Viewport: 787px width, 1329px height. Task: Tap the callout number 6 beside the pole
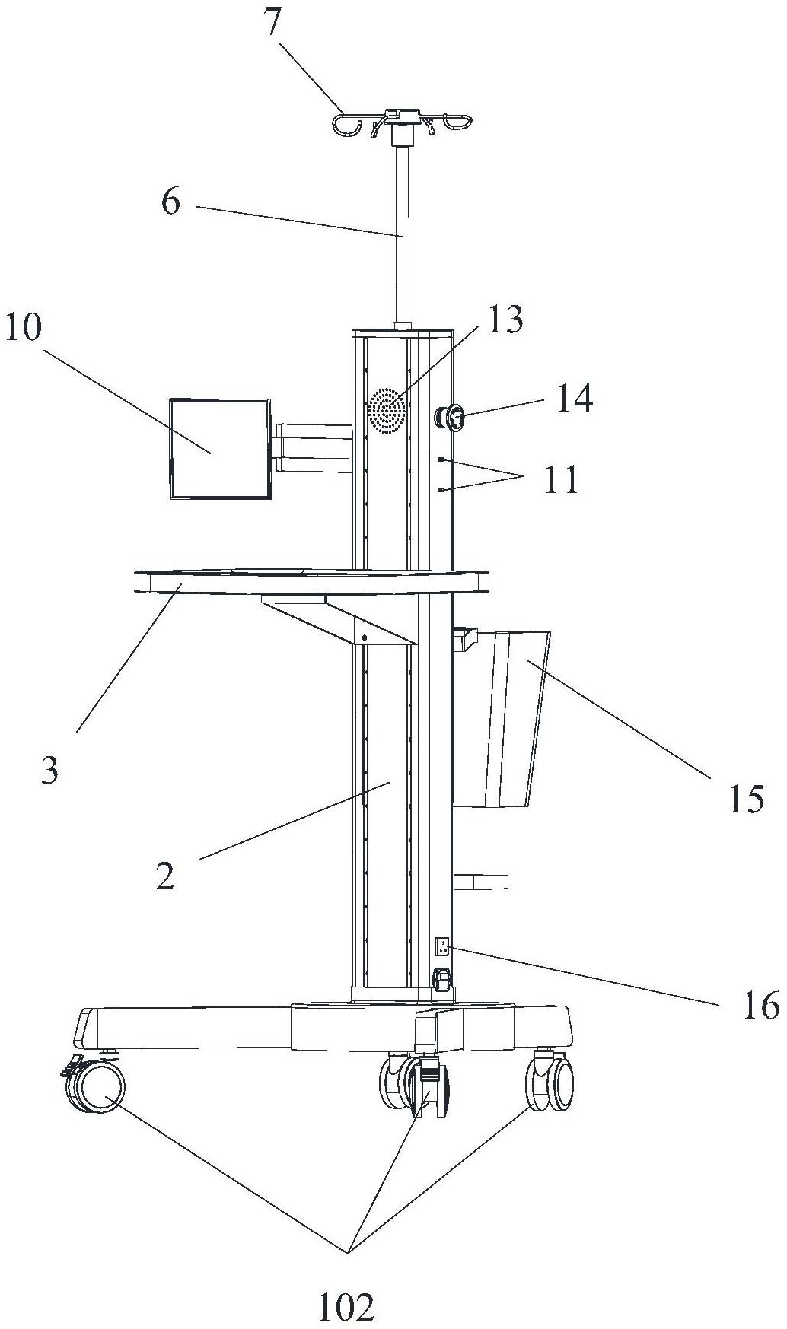point(170,202)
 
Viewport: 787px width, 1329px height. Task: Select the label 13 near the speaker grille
point(506,320)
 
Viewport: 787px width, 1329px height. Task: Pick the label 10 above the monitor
point(24,329)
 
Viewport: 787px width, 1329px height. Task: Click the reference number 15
point(745,799)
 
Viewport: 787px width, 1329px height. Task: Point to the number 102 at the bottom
point(347,1307)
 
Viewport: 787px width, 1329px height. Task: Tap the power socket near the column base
point(441,947)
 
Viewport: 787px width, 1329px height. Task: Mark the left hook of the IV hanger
point(347,125)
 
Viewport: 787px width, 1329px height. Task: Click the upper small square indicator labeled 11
point(441,459)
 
